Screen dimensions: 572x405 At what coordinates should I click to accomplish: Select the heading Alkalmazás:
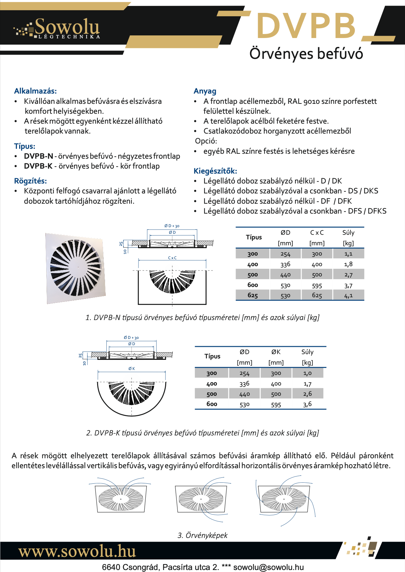click(x=35, y=91)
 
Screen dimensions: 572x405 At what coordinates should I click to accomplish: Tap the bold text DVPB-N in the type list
click(x=38, y=156)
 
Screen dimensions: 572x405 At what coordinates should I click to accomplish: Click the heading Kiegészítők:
click(x=215, y=171)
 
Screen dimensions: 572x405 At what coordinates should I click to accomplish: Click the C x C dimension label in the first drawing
click(x=172, y=258)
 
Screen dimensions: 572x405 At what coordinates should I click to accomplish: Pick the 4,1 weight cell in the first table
click(x=348, y=295)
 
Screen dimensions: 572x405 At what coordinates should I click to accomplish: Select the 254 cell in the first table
click(x=285, y=254)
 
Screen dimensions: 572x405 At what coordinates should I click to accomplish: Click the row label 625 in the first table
click(x=252, y=295)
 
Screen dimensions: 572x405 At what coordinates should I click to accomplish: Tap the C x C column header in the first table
click(x=317, y=233)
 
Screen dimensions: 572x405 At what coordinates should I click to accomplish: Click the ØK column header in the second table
click(x=276, y=352)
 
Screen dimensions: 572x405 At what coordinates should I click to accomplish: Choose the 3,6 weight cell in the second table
click(x=307, y=404)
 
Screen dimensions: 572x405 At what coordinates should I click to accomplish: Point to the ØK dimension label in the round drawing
click(x=131, y=369)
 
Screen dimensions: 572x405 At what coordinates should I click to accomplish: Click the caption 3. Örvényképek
click(x=202, y=535)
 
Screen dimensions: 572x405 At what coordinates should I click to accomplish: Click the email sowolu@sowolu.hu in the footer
click(x=268, y=567)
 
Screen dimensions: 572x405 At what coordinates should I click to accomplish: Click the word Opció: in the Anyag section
click(x=206, y=141)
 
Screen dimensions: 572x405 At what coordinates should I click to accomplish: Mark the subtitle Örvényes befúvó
click(x=306, y=54)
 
